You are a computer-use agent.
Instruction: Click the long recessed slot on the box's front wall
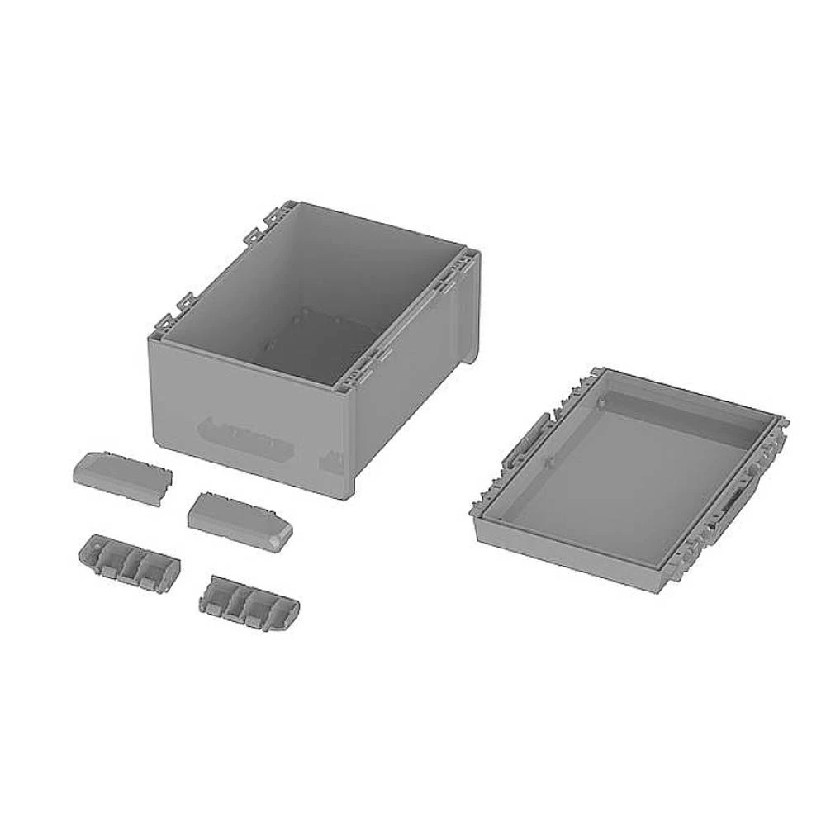[x=246, y=436]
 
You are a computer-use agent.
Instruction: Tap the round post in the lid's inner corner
[x=602, y=401]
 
